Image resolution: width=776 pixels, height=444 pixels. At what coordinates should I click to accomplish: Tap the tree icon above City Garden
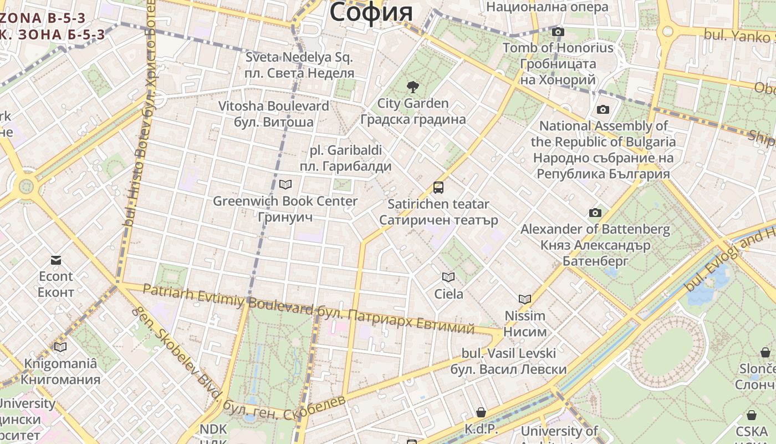412,87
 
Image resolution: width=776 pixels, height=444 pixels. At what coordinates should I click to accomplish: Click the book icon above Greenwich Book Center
285,184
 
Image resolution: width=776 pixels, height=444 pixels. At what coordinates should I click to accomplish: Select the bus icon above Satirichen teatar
438,188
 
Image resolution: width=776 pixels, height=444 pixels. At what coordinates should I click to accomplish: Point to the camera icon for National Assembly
603,110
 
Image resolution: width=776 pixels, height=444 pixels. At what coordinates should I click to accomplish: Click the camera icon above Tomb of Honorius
558,32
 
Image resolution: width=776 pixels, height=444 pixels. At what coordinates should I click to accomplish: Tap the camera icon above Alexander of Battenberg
595,213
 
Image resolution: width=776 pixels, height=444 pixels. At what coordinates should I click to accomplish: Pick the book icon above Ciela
448,277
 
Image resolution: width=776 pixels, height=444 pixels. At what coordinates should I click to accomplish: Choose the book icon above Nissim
525,299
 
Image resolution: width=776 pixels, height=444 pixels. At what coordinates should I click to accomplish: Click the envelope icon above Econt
56,260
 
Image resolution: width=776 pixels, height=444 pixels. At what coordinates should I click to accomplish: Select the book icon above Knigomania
60,347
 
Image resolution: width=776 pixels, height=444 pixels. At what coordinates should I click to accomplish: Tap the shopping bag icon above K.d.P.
481,413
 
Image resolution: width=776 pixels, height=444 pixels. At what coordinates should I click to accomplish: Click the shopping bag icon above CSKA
752,415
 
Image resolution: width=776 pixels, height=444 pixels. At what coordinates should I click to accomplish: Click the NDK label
213,429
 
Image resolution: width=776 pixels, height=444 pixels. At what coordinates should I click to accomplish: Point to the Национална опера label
547,7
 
